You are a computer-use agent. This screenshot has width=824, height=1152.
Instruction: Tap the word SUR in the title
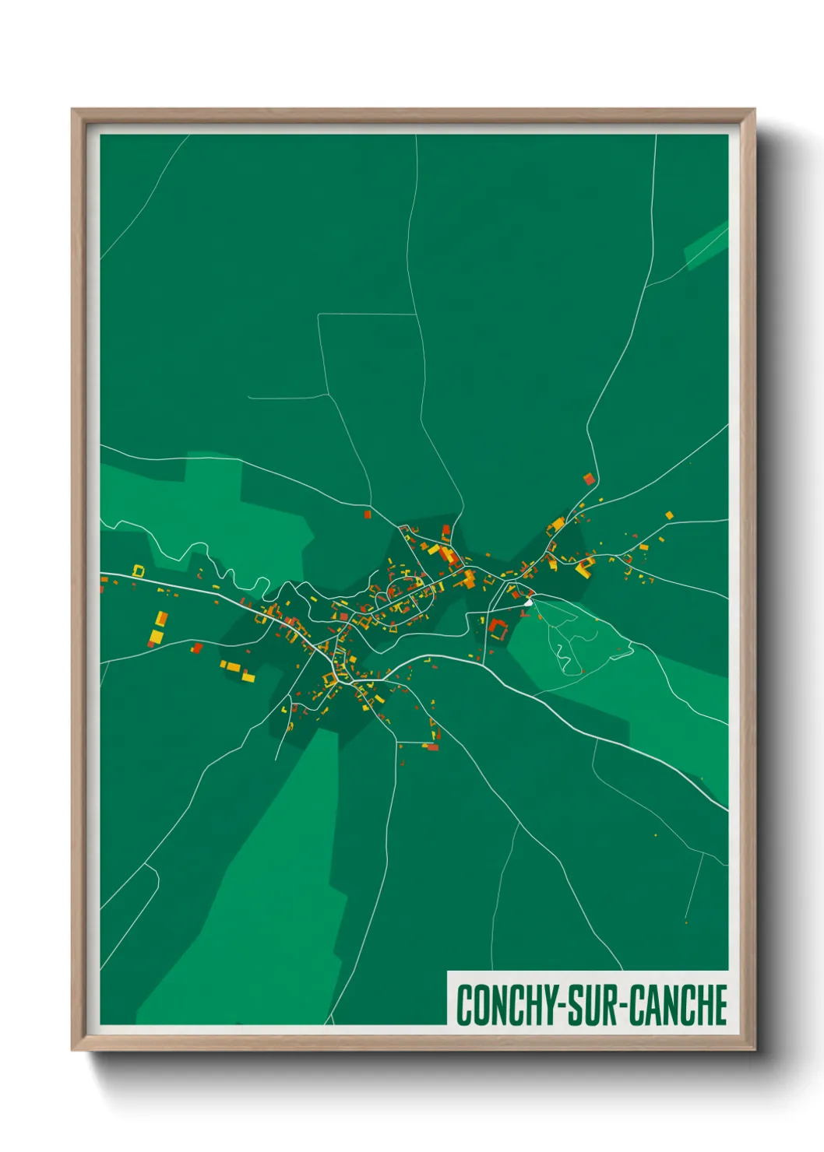(593, 1005)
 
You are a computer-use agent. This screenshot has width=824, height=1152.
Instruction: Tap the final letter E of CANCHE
(720, 1005)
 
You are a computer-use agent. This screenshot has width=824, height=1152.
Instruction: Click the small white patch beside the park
(529, 602)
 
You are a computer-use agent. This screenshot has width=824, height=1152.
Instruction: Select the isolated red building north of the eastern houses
(589, 479)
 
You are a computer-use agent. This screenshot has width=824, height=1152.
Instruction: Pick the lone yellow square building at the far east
(668, 515)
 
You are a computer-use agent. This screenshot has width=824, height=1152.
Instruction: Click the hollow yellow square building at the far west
(139, 571)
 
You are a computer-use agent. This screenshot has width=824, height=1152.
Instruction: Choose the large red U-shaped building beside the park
(498, 627)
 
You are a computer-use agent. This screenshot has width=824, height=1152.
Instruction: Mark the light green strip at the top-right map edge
(706, 245)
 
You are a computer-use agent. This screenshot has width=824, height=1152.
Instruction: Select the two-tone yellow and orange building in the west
(158, 629)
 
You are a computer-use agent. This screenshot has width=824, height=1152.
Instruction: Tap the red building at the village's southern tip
(432, 747)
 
